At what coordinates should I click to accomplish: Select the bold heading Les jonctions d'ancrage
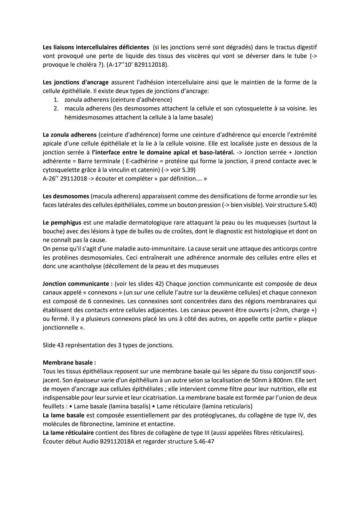pos(76,82)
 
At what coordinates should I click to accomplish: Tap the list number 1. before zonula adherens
pos(56,100)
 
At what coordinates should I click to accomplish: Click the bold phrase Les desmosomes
pos(66,196)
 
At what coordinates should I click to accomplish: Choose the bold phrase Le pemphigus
pos(62,222)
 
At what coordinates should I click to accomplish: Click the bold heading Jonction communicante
pos(76,284)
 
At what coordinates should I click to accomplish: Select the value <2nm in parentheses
pos(281,310)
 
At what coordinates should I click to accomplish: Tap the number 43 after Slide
pos(60,345)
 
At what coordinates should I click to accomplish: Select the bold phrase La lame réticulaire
pos(68,433)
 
